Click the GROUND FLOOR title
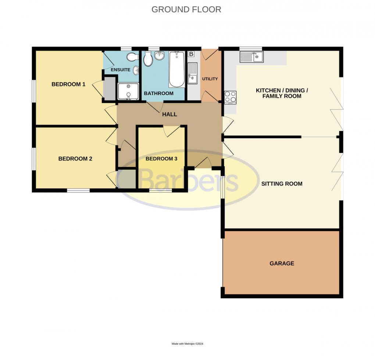click(x=186, y=9)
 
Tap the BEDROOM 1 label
click(x=68, y=84)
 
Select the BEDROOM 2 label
click(x=75, y=159)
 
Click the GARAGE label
click(x=282, y=263)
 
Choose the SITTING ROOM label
click(x=282, y=183)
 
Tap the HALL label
click(x=169, y=114)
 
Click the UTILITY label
click(x=210, y=79)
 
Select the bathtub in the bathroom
click(x=177, y=69)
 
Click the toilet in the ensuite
click(x=131, y=57)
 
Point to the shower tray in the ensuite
click(x=128, y=91)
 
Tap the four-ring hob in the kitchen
click(x=231, y=97)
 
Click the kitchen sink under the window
click(x=251, y=57)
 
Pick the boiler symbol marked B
click(x=191, y=54)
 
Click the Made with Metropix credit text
click(x=187, y=344)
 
